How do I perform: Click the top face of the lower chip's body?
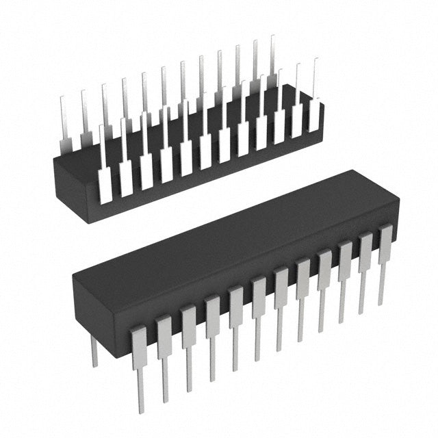(226, 233)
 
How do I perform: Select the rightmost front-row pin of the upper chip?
(314, 116)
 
